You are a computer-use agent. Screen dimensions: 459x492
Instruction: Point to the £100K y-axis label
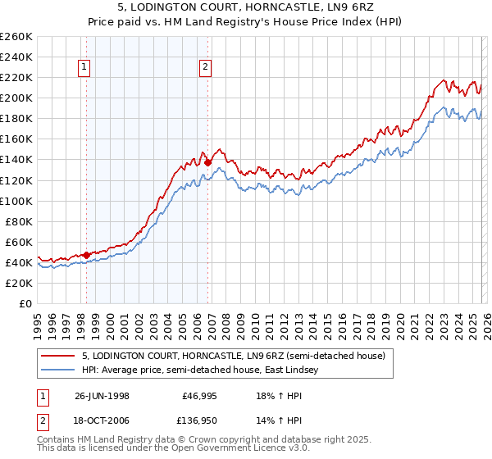16,201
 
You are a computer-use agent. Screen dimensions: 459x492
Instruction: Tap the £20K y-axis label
19,283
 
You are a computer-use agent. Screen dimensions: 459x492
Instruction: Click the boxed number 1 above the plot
85,68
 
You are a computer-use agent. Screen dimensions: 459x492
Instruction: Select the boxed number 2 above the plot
205,68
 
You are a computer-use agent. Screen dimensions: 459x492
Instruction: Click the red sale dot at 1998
87,255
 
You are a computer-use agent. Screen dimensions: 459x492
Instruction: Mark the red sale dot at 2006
207,162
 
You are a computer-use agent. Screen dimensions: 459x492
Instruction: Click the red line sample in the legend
59,356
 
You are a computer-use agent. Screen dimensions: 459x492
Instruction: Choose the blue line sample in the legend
59,370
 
